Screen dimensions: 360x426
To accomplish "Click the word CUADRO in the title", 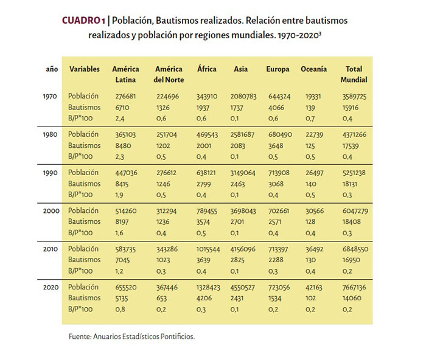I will [80, 21].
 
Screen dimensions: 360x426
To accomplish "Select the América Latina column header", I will [125, 74].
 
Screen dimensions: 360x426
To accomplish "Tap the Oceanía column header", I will [313, 69].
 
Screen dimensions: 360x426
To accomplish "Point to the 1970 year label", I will [52, 96].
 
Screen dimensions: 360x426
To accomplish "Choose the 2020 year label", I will [52, 287].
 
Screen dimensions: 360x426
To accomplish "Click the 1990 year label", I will [52, 173].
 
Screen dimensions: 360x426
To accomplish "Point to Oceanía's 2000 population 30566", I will [311, 211].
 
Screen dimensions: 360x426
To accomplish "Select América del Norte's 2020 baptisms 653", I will [161, 298].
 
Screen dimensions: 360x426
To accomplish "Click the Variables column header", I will [84, 69].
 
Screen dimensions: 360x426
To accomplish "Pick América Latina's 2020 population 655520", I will [127, 287].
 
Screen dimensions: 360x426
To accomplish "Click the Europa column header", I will [278, 69].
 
